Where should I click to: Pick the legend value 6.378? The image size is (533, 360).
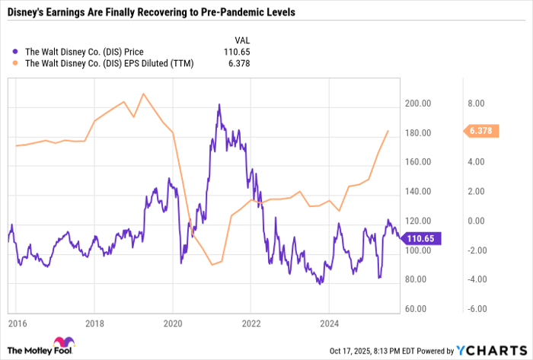(238, 64)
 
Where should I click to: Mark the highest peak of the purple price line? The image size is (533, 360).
(219, 105)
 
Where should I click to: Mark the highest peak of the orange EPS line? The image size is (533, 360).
(144, 94)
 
